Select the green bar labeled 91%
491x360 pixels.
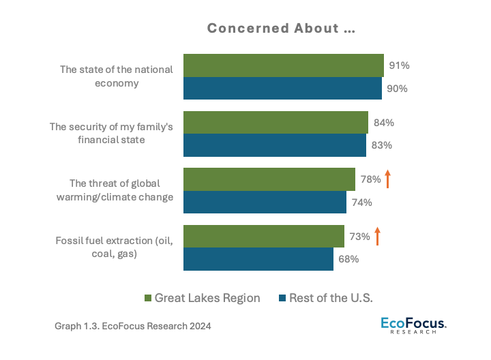coord(283,65)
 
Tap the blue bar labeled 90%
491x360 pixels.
coord(282,89)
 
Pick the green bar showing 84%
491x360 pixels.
coord(276,123)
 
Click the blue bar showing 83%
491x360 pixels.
coord(274,145)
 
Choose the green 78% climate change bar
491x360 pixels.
coord(269,179)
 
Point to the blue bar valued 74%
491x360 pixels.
coord(265,202)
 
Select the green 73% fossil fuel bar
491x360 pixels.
coord(263,237)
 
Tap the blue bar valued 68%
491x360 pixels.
coord(258,259)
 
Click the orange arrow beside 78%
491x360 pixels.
coord(387,179)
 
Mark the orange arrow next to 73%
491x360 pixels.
coord(376,236)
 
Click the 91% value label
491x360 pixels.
coord(399,66)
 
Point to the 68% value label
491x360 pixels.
coord(348,259)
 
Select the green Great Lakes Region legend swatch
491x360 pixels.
coord(147,298)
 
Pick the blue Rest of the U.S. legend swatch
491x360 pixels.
coord(282,298)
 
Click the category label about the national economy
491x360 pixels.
coord(116,76)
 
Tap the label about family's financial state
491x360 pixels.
coord(111,133)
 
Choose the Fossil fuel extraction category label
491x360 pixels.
coord(113,247)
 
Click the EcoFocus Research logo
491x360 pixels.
coord(413,325)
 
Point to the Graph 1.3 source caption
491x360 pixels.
coord(132,327)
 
